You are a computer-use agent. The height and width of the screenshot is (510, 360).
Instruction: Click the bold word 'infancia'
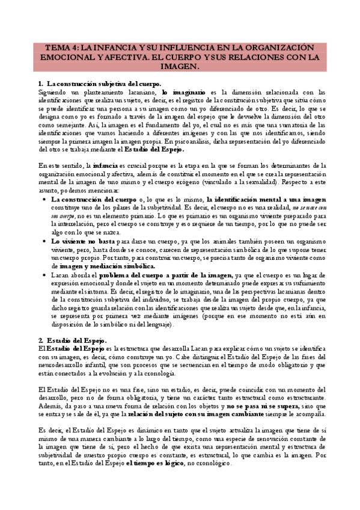coord(105,164)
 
